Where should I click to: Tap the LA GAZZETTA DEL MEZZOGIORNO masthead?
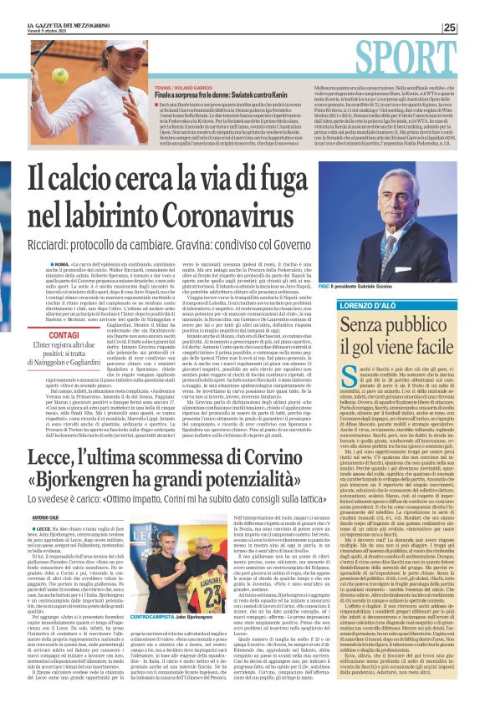point(61,28)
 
